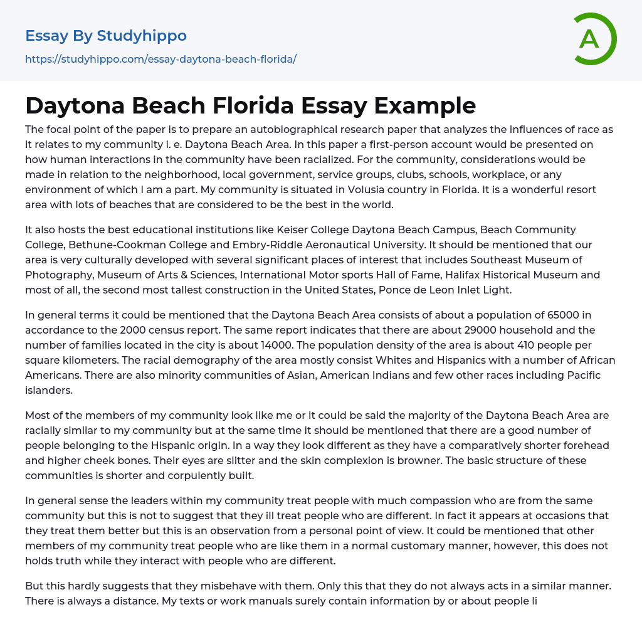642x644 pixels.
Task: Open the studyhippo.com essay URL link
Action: point(160,59)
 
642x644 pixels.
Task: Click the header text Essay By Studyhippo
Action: point(106,36)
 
